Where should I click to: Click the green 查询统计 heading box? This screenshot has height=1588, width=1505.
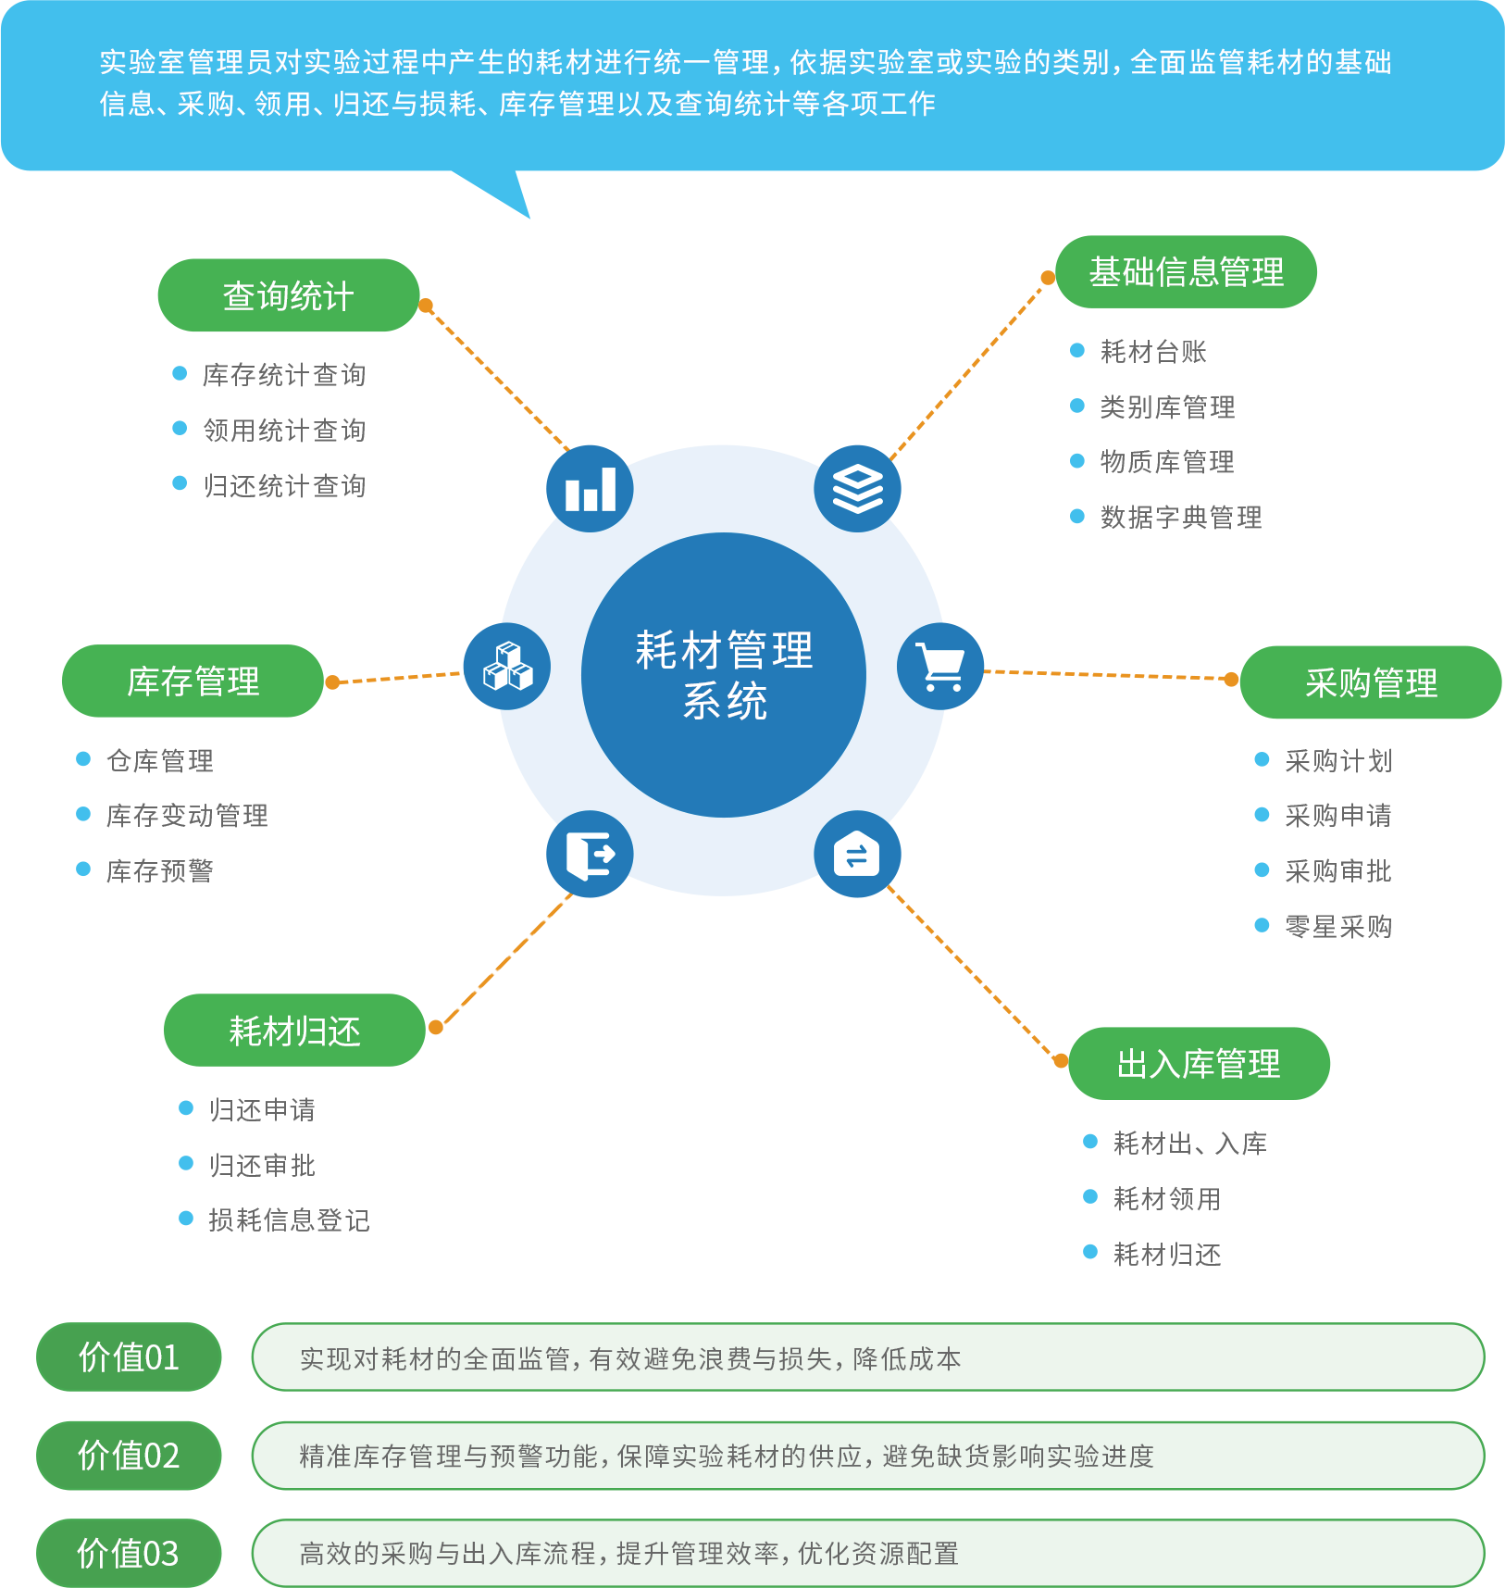tap(288, 295)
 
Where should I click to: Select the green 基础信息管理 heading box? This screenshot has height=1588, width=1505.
tap(1186, 272)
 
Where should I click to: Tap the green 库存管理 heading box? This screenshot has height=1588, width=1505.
tap(193, 681)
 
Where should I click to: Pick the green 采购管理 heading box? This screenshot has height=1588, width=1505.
tap(1370, 683)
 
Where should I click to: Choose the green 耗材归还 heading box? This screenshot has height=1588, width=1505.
tap(294, 1031)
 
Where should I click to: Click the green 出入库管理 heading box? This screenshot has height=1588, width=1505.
tap(1199, 1064)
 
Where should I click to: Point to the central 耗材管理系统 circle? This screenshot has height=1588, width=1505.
tap(724, 675)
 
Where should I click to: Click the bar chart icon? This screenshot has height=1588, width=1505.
tap(591, 488)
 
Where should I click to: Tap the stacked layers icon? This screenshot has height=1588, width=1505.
tap(858, 488)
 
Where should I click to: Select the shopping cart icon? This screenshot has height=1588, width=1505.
tap(941, 667)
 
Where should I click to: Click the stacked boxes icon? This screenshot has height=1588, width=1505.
tap(506, 667)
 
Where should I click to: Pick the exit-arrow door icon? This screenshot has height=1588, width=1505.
tap(590, 855)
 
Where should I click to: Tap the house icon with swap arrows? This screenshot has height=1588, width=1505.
tap(857, 855)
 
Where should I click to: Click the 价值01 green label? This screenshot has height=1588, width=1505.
tap(128, 1357)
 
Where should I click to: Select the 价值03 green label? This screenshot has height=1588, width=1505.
tap(128, 1553)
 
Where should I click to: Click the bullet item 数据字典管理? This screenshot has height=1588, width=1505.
tap(1180, 517)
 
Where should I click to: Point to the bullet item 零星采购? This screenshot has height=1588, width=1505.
tap(1337, 926)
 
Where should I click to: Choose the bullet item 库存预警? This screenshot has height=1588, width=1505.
tap(159, 870)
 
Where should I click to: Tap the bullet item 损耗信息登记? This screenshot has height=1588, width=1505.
tap(289, 1219)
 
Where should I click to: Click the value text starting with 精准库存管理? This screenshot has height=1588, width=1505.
tap(727, 1457)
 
